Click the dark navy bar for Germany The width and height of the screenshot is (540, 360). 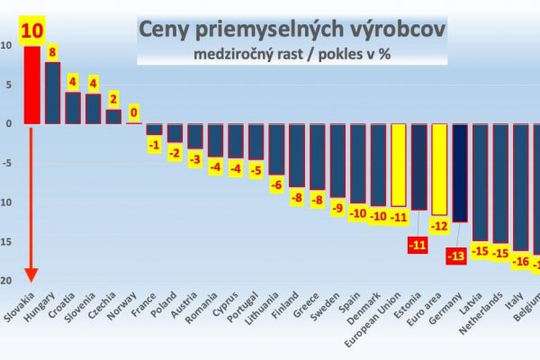[460, 172]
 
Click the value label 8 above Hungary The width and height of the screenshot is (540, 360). [53, 52]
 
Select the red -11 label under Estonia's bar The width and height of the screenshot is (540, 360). [418, 244]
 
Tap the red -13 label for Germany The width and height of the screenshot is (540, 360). [458, 256]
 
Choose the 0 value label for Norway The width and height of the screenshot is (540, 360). [134, 113]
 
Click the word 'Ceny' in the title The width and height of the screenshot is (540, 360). [167, 31]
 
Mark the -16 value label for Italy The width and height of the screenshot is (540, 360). [520, 262]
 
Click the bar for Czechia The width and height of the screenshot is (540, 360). [113, 116]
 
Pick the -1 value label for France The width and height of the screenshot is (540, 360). [155, 145]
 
